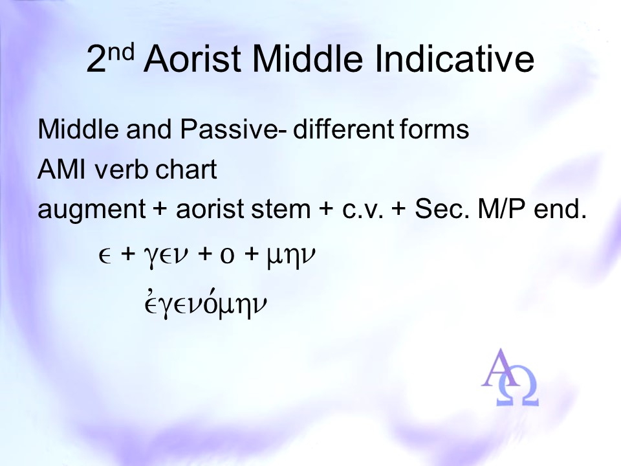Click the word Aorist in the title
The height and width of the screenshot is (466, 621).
[193, 59]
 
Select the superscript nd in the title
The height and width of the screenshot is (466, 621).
[121, 52]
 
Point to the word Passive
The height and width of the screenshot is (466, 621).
[228, 129]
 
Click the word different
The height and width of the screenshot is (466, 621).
[343, 129]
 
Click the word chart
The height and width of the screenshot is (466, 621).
[186, 169]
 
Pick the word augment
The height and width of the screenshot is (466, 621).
[91, 210]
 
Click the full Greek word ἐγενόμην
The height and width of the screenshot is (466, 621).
[206, 304]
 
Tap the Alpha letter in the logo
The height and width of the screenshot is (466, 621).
[500, 368]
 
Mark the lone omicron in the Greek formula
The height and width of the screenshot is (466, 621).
[227, 257]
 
